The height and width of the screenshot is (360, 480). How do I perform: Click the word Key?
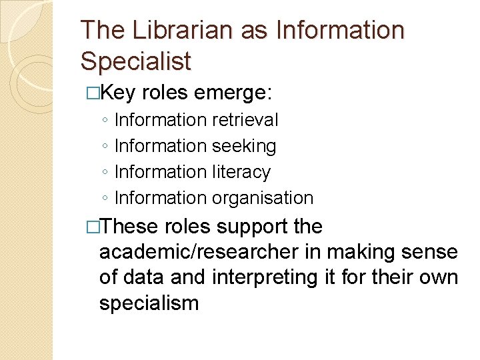click(121, 93)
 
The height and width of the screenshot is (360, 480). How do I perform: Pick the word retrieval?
click(245, 120)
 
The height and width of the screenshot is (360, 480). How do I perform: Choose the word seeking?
click(243, 146)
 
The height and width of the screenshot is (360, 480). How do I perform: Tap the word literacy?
click(241, 172)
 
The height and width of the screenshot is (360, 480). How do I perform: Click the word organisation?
click(262, 198)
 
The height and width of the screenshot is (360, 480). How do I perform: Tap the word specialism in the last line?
click(149, 303)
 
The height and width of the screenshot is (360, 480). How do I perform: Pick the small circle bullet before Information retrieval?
click(106, 121)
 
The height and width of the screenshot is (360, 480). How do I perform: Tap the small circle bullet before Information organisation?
click(106, 199)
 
